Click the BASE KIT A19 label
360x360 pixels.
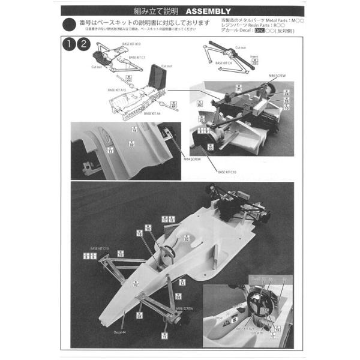coord(131,44)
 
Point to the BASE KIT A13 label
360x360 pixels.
coord(116,89)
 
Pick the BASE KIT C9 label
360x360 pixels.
coord(222,62)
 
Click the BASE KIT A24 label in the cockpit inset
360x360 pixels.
coord(246,329)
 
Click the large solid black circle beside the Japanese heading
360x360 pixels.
coord(70,23)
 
